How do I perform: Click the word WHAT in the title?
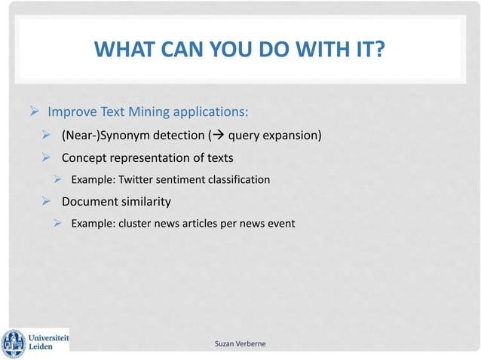click(124, 49)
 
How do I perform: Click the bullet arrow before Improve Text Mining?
click(35, 111)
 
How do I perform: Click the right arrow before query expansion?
click(219, 135)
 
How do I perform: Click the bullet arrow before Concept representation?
click(46, 157)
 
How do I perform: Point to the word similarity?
click(146, 202)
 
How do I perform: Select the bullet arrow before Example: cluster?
click(57, 223)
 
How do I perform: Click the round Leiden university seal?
click(13, 343)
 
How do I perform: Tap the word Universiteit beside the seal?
click(49, 337)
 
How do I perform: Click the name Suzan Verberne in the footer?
click(240, 343)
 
